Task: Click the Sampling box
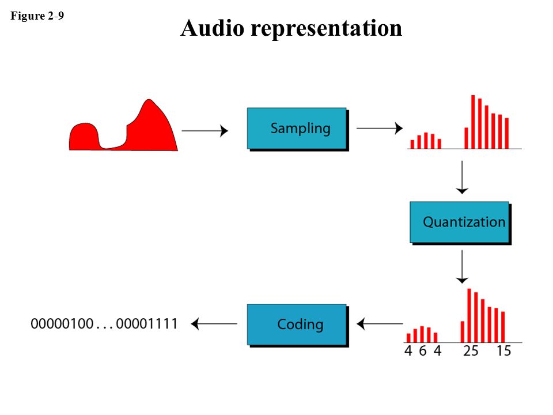click(x=297, y=128)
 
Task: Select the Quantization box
click(x=460, y=222)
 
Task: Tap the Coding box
click(x=297, y=324)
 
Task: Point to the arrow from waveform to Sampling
click(x=204, y=131)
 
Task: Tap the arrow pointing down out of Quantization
click(x=461, y=266)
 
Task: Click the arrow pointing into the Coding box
click(x=380, y=324)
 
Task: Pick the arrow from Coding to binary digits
click(x=214, y=324)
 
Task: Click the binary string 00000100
click(x=62, y=324)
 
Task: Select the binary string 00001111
click(x=147, y=324)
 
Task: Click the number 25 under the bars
click(x=471, y=350)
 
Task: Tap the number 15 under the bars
click(x=503, y=350)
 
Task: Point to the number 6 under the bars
click(x=422, y=350)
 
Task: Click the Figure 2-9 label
click(x=37, y=16)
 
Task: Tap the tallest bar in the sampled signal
click(x=473, y=122)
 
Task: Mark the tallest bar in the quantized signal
click(x=469, y=315)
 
